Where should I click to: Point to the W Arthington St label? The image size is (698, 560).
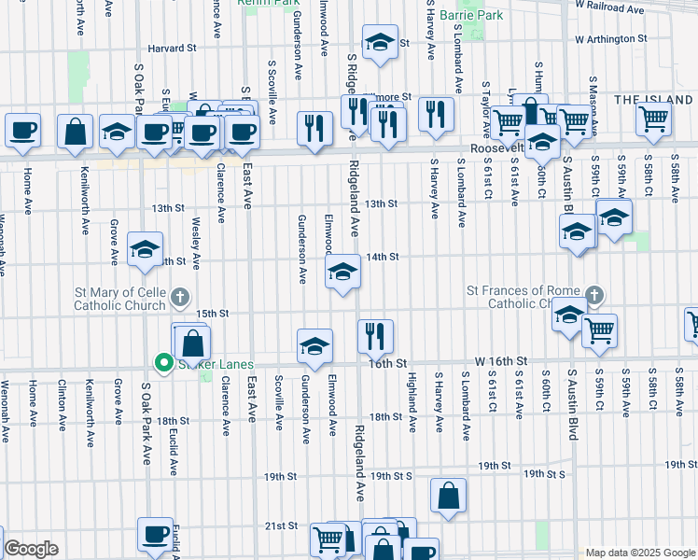point(611,39)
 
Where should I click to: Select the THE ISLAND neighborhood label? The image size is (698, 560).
point(653,100)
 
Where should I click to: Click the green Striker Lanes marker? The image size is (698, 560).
point(163,363)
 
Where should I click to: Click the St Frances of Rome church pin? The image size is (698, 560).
point(594,297)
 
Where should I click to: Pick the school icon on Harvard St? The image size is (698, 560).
point(380,44)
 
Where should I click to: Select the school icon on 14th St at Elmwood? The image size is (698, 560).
point(342,273)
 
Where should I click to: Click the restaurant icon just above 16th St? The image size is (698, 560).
point(375,334)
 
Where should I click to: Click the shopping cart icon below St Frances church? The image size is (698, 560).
point(599,329)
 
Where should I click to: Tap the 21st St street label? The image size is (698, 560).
point(280,526)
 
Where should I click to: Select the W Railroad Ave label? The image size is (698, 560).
point(610,7)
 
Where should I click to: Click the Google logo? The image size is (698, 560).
point(31,549)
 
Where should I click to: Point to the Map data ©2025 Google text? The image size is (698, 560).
point(639,553)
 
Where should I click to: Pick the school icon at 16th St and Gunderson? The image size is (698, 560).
point(314,345)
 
